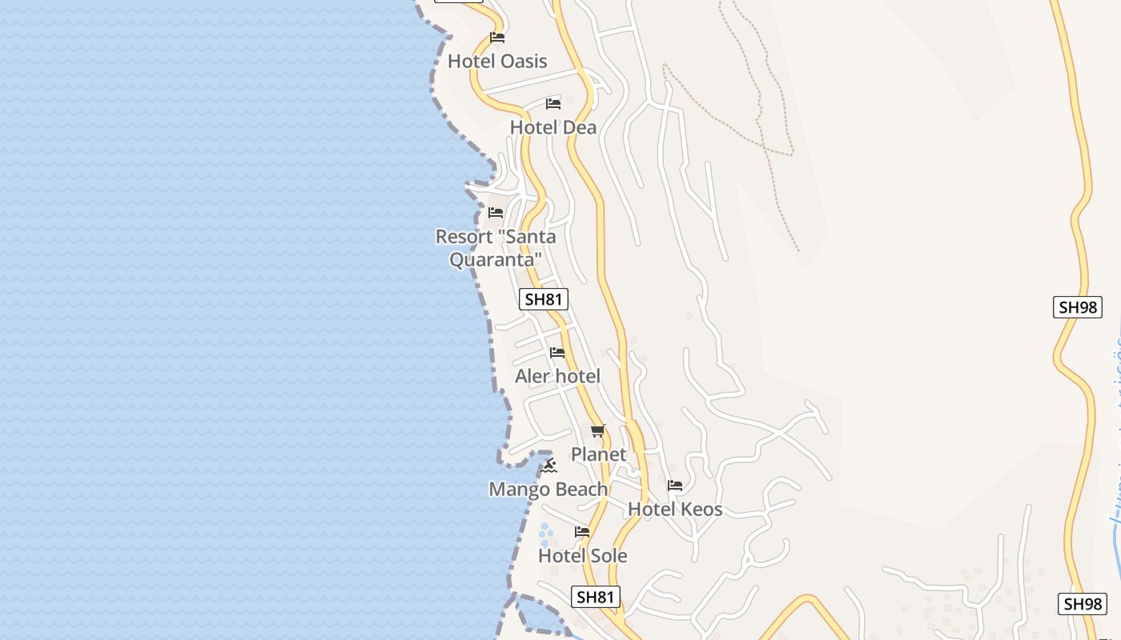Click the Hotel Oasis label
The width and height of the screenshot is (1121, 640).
click(497, 62)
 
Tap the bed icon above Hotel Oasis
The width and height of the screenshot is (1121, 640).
click(497, 38)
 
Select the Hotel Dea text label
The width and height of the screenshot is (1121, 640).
click(553, 127)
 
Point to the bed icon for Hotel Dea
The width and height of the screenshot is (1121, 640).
click(553, 104)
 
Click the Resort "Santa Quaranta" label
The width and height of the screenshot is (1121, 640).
click(496, 248)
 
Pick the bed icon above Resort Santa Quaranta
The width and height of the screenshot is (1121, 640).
click(496, 213)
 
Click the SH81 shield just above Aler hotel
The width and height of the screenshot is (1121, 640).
click(544, 300)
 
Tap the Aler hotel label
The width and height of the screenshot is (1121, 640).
click(557, 376)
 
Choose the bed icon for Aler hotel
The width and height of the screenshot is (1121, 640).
click(557, 353)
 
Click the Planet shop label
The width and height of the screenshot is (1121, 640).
click(598, 454)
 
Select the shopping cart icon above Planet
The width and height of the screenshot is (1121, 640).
click(598, 431)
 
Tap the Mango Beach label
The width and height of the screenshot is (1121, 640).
click(548, 489)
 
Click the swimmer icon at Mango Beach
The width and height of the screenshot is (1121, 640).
click(548, 466)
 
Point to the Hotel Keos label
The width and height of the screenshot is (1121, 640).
click(675, 509)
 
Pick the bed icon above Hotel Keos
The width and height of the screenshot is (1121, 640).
click(675, 486)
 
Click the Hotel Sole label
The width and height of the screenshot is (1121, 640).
click(582, 555)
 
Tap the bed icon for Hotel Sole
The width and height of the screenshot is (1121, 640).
click(582, 532)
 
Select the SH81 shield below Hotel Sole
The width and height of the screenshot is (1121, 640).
click(597, 597)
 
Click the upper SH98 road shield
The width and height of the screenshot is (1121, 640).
click(1077, 307)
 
